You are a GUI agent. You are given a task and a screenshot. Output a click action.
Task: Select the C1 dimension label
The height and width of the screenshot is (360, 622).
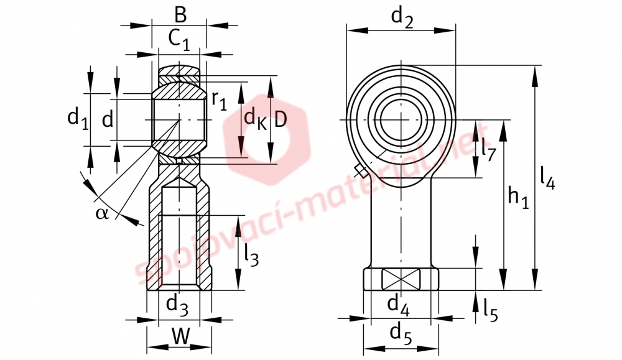pos(179,40)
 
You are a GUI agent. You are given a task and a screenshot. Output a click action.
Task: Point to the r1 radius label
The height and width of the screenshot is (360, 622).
pos(219,100)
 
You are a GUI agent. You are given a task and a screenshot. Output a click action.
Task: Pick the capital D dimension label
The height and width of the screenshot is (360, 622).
pos(280,119)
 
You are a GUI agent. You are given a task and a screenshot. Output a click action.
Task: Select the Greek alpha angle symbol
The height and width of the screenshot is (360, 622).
pos(101,213)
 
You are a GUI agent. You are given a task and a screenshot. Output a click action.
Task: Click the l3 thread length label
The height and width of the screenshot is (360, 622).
pos(251,255)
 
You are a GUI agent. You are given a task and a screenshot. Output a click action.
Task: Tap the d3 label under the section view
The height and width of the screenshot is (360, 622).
pos(177,306)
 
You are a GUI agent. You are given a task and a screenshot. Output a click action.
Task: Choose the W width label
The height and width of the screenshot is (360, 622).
pos(180,338)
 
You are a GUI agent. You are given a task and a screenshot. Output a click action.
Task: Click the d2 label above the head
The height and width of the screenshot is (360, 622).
pos(402,18)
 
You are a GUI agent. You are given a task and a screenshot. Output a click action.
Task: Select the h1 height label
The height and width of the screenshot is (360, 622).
pos(519,198)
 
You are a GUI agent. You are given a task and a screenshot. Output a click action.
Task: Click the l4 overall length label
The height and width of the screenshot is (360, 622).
pos(548,178)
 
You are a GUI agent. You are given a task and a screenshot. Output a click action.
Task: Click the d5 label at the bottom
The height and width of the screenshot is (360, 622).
pos(401,333)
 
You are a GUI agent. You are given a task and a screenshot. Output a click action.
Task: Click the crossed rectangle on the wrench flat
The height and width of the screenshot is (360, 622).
pos(401,279)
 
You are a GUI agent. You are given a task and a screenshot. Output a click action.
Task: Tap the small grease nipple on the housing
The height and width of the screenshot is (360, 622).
pos(361,171)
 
